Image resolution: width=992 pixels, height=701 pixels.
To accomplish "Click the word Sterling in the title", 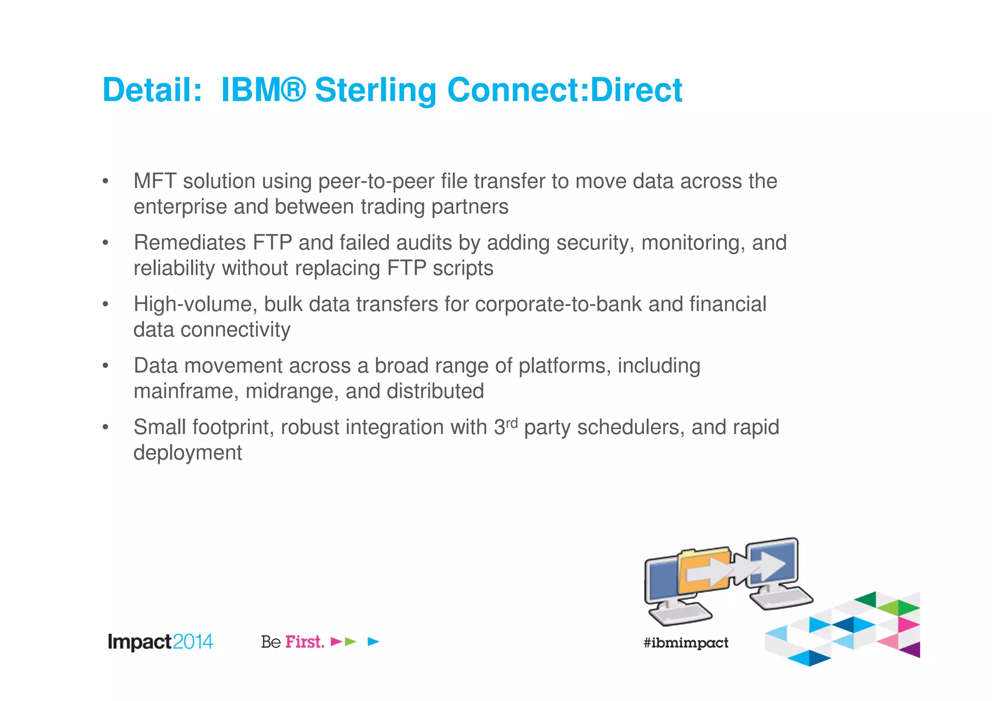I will click(376, 91).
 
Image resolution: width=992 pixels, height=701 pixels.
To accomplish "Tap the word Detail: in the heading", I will click(152, 91).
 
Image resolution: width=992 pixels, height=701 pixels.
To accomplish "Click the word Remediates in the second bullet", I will click(190, 243).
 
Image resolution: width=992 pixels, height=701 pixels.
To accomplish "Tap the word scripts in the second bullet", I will click(463, 268).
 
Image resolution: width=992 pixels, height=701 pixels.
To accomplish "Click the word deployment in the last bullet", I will click(187, 453).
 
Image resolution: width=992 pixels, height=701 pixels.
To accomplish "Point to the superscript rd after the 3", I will click(512, 423).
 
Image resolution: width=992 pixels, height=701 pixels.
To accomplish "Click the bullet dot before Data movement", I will click(105, 366).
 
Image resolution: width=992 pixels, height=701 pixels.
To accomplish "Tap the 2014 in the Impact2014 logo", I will click(193, 642).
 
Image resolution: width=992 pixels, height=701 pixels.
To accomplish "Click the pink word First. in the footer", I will click(305, 642).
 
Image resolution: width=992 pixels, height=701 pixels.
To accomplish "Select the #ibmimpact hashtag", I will click(685, 643).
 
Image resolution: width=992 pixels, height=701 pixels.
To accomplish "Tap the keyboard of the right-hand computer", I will click(781, 599).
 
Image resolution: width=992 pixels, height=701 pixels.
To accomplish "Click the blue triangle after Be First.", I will click(373, 642).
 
